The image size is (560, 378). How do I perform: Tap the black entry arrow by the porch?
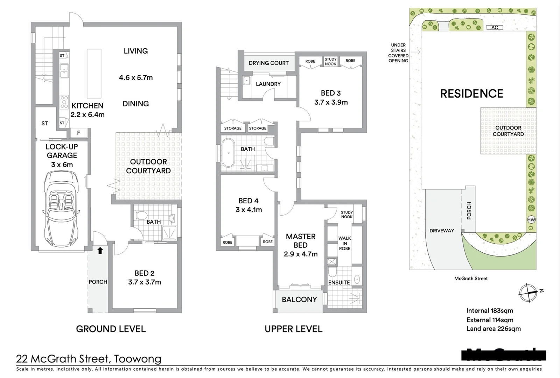pyautogui.click(x=100, y=250)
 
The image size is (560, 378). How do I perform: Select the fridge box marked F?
pyautogui.click(x=79, y=133)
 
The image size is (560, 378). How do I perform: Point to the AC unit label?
pyautogui.click(x=495, y=27)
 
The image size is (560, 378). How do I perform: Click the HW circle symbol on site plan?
pyautogui.click(x=531, y=220)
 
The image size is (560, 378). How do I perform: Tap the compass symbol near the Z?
pyautogui.click(x=528, y=293)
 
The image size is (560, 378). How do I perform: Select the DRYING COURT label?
pyautogui.click(x=268, y=63)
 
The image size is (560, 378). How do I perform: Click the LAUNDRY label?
pyautogui.click(x=268, y=84)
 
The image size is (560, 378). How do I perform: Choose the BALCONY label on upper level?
pyautogui.click(x=299, y=300)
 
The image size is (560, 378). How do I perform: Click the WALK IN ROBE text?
pyautogui.click(x=344, y=243)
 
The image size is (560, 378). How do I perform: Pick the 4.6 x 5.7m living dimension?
pyautogui.click(x=136, y=78)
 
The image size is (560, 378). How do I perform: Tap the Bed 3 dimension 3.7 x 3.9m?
pyautogui.click(x=331, y=102)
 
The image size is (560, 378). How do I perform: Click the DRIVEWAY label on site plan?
pyautogui.click(x=442, y=231)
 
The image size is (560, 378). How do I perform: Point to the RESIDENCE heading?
pyautogui.click(x=471, y=94)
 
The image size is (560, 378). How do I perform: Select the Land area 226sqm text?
pyautogui.click(x=493, y=329)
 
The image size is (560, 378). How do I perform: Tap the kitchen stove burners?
pyautogui.click(x=64, y=102)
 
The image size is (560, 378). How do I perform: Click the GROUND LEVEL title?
pyautogui.click(x=111, y=329)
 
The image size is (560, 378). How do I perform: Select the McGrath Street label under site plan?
pyautogui.click(x=471, y=279)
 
